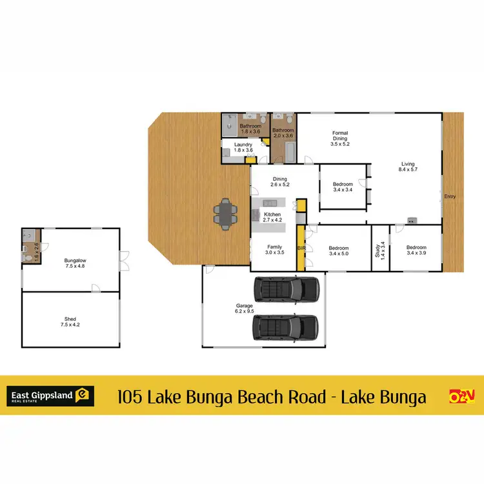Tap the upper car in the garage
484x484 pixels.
(x=287, y=289)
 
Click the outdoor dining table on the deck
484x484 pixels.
(x=225, y=214)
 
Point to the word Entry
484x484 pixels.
(x=450, y=196)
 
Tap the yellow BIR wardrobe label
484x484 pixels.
(x=301, y=248)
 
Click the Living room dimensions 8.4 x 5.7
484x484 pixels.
(x=407, y=171)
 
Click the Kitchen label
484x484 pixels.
(x=272, y=214)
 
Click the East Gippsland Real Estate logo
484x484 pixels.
(x=51, y=396)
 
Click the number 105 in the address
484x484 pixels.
(x=131, y=396)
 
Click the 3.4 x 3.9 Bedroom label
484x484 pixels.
(x=416, y=250)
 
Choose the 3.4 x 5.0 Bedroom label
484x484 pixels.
(x=338, y=251)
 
